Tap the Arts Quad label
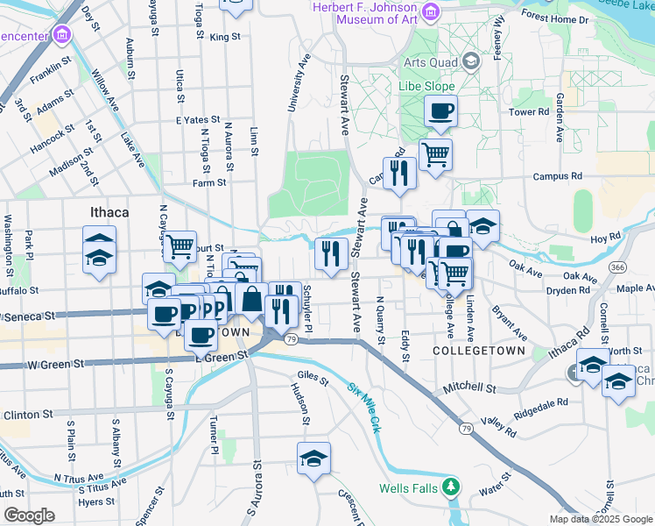coord(430,61)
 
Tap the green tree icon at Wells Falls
coord(451,485)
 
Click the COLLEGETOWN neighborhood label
coord(479,351)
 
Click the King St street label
coord(224,37)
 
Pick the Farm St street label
coord(210,183)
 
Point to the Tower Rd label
coord(528,112)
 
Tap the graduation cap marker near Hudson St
coord(312,458)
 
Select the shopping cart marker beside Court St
coord(180,246)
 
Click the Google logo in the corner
coord(29,515)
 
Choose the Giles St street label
coord(313,381)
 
